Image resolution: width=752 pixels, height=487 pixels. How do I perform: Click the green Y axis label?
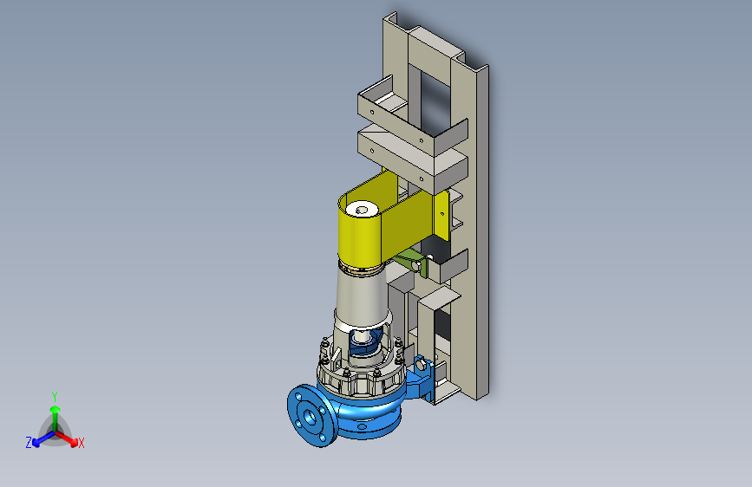click(55, 397)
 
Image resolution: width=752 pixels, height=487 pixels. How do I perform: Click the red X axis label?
click(81, 443)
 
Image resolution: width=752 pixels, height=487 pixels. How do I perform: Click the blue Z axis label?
click(29, 443)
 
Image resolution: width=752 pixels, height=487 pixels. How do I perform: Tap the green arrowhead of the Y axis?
click(56, 409)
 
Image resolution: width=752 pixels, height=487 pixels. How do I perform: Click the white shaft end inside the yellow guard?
click(362, 210)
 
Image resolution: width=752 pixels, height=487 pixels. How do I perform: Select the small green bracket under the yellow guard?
click(411, 263)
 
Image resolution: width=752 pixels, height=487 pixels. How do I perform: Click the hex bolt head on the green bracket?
click(416, 265)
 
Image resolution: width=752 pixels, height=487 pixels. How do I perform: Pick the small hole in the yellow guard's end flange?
click(442, 214)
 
